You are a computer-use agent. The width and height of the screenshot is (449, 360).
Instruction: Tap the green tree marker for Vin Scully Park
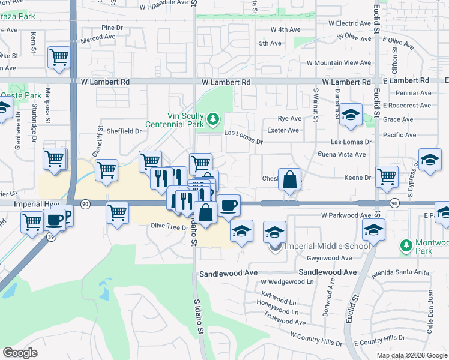213,119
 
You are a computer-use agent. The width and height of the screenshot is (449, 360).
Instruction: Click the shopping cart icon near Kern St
59,58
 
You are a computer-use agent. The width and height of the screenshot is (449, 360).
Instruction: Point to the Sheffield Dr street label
123,131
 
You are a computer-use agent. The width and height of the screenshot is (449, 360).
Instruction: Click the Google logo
20,353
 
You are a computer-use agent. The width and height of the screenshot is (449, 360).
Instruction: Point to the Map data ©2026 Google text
412,355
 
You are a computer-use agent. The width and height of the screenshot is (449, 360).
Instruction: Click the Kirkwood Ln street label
280,303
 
